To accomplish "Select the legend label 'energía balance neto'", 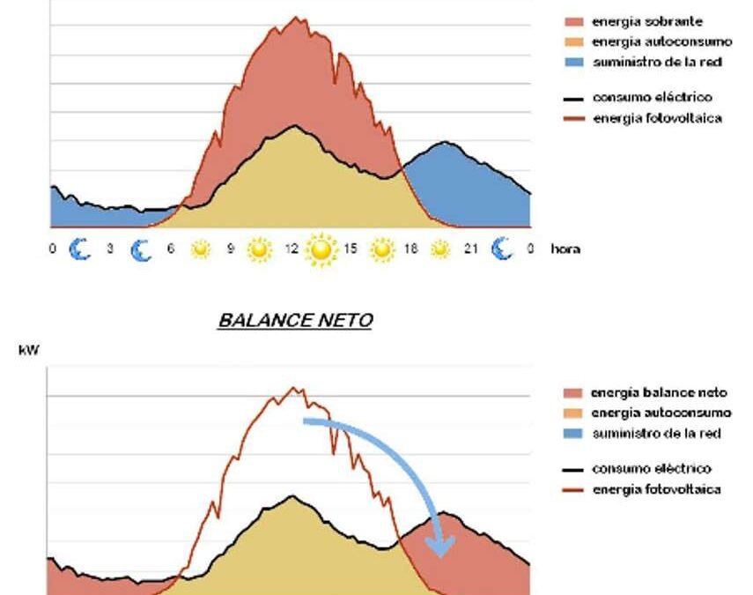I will coord(660,393).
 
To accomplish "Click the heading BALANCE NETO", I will coord(295,321).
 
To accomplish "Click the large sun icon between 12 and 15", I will coord(321,250).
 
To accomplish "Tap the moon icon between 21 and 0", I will coord(502,250).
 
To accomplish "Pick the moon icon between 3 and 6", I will coord(140,250).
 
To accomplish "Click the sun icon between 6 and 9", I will coord(201,250).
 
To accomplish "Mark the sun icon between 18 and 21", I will coord(440,250).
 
